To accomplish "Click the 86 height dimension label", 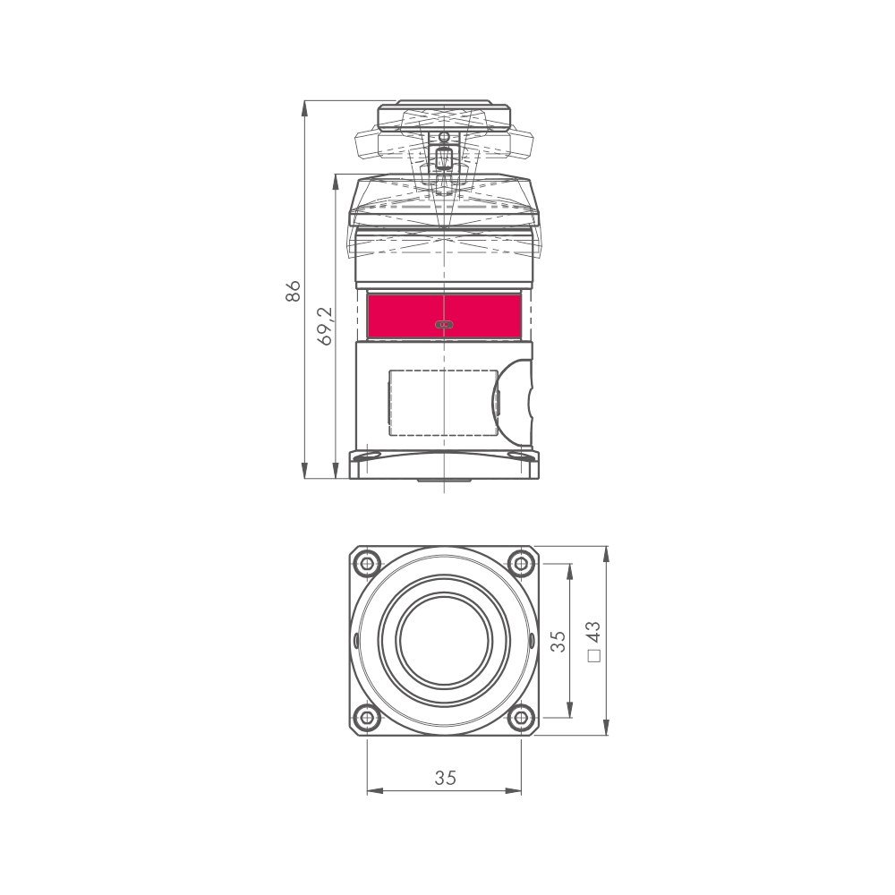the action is click(x=293, y=291).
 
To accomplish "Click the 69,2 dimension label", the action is click(x=325, y=326).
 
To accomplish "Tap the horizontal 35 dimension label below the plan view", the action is click(x=445, y=778).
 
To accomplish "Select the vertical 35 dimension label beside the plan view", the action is click(x=558, y=641).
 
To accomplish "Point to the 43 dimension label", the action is click(x=593, y=634).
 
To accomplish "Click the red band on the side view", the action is click(x=444, y=316).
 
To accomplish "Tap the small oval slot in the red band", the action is click(x=444, y=324).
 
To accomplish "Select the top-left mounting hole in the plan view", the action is click(x=368, y=564).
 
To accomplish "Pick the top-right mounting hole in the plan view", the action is click(x=521, y=564).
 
